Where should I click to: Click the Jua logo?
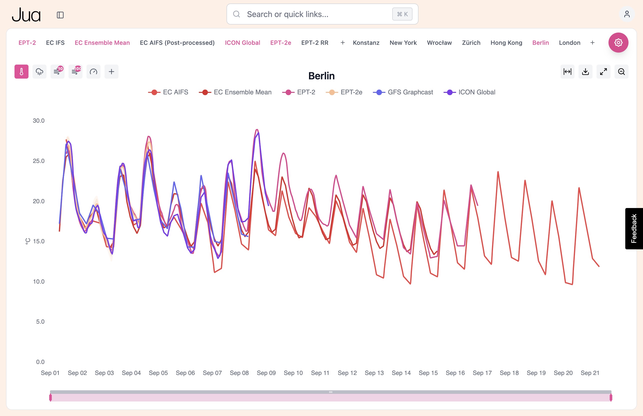click(26, 15)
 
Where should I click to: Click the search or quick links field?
click(313, 14)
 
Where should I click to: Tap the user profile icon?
click(626, 14)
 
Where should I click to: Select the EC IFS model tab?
click(55, 43)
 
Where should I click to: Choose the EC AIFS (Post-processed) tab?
click(177, 43)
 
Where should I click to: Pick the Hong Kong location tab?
click(506, 43)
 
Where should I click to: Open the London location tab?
click(569, 43)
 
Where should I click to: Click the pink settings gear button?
click(618, 42)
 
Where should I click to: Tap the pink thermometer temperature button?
click(21, 72)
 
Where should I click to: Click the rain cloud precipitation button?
click(39, 72)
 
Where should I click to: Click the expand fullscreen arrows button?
click(603, 72)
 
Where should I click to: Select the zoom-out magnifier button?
click(621, 72)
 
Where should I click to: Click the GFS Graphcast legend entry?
click(409, 92)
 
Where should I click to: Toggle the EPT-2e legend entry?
click(351, 92)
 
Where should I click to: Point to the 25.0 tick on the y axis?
click(38, 161)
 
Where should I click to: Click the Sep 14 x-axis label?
click(401, 373)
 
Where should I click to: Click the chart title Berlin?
click(321, 76)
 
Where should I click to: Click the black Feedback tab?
click(633, 229)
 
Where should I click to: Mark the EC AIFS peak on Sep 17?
click(498, 172)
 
